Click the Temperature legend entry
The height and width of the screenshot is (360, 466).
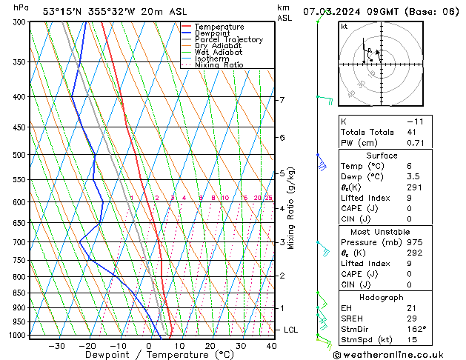(219, 27)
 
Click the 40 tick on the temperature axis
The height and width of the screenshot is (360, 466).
(270, 345)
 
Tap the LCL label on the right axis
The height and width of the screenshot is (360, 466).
(292, 330)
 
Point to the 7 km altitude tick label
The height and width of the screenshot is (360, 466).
(282, 100)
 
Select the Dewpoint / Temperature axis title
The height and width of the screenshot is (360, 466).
(150, 355)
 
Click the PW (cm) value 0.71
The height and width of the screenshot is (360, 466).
(416, 143)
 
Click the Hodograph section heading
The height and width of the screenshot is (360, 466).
(382, 297)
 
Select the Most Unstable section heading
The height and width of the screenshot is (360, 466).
(382, 231)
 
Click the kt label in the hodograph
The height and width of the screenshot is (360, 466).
(344, 26)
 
